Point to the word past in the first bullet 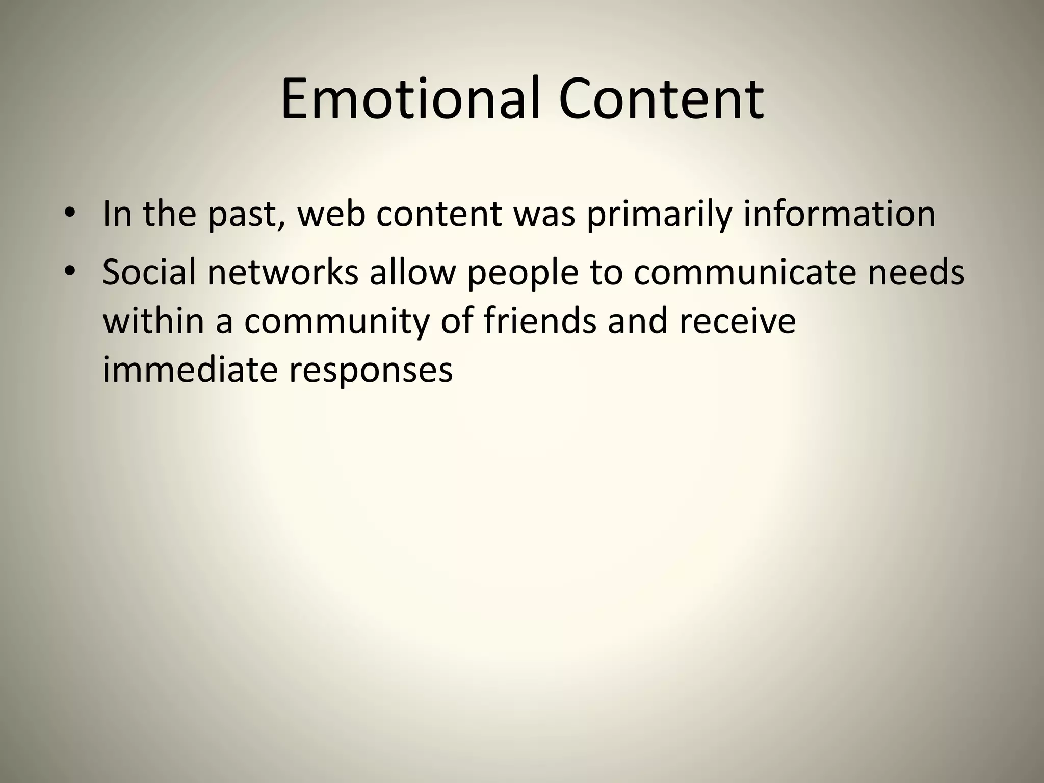pos(246,214)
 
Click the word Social pos(149,272)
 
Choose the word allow pos(412,272)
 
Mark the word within pos(153,321)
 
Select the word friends pos(540,321)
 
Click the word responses pos(371,371)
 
